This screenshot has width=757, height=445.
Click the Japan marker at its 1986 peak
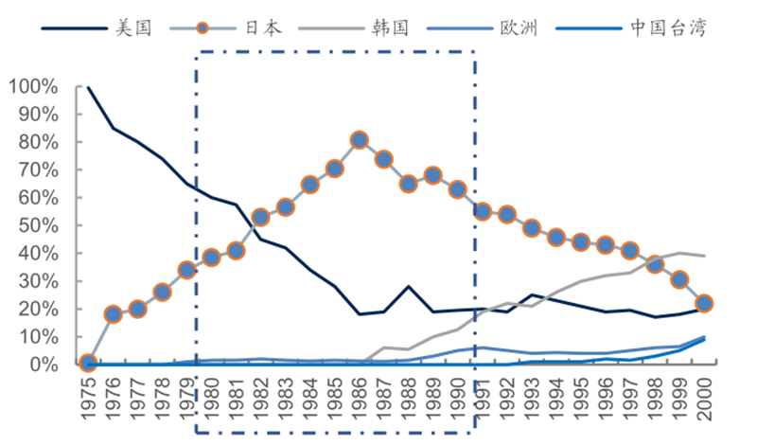coord(359,139)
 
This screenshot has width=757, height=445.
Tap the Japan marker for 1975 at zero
coord(88,363)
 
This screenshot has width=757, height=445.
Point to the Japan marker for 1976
coord(113,314)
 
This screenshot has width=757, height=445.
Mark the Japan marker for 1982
coord(260,218)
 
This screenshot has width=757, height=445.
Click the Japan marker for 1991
coord(482,211)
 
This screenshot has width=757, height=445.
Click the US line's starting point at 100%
coord(88,88)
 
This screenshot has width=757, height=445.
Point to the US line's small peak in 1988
coord(408,286)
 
